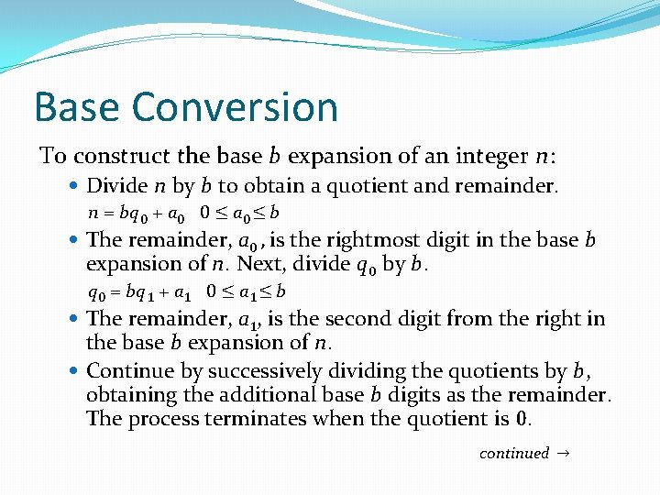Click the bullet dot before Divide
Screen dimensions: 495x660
tap(75, 186)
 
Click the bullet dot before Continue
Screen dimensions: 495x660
tap(75, 371)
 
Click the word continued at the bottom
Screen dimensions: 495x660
tap(514, 453)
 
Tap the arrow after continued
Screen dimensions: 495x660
tap(562, 453)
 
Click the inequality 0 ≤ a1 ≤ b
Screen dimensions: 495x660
tap(247, 292)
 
